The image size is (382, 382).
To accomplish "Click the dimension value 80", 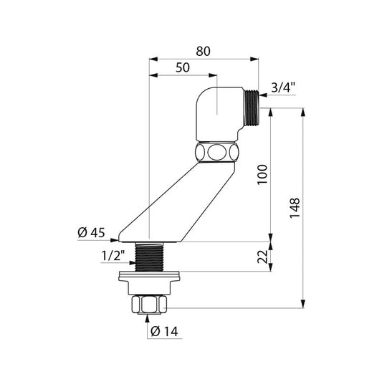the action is pos(203,52).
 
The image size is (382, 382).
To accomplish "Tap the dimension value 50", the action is pos(183,67).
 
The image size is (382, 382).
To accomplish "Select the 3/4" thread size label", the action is pos(283,87).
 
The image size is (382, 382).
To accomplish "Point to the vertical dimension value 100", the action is pos(262,175).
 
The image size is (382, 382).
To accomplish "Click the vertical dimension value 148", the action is pos(295,208).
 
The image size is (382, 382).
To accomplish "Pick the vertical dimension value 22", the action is pos(262,257).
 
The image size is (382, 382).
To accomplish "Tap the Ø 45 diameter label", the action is pos(91,233).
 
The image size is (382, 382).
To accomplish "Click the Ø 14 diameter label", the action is pos(164,332).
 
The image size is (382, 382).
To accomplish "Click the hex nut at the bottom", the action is pos(149,305).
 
